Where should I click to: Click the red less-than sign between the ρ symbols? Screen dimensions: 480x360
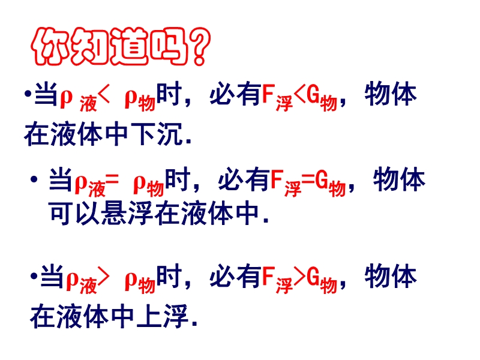pyautogui.click(x=103, y=95)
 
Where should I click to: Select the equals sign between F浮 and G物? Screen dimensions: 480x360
pyautogui.click(x=308, y=179)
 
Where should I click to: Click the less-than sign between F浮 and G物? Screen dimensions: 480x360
pyautogui.click(x=299, y=95)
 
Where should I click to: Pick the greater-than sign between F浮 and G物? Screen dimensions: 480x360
pyautogui.click(x=299, y=277)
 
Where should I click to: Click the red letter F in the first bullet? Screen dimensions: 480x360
pyautogui.click(x=268, y=94)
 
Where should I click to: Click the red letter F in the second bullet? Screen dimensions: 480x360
pyautogui.click(x=277, y=179)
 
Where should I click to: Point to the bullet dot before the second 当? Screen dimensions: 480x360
pyautogui.click(x=34, y=179)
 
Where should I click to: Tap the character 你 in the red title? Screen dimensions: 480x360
pyautogui.click(x=50, y=47)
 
